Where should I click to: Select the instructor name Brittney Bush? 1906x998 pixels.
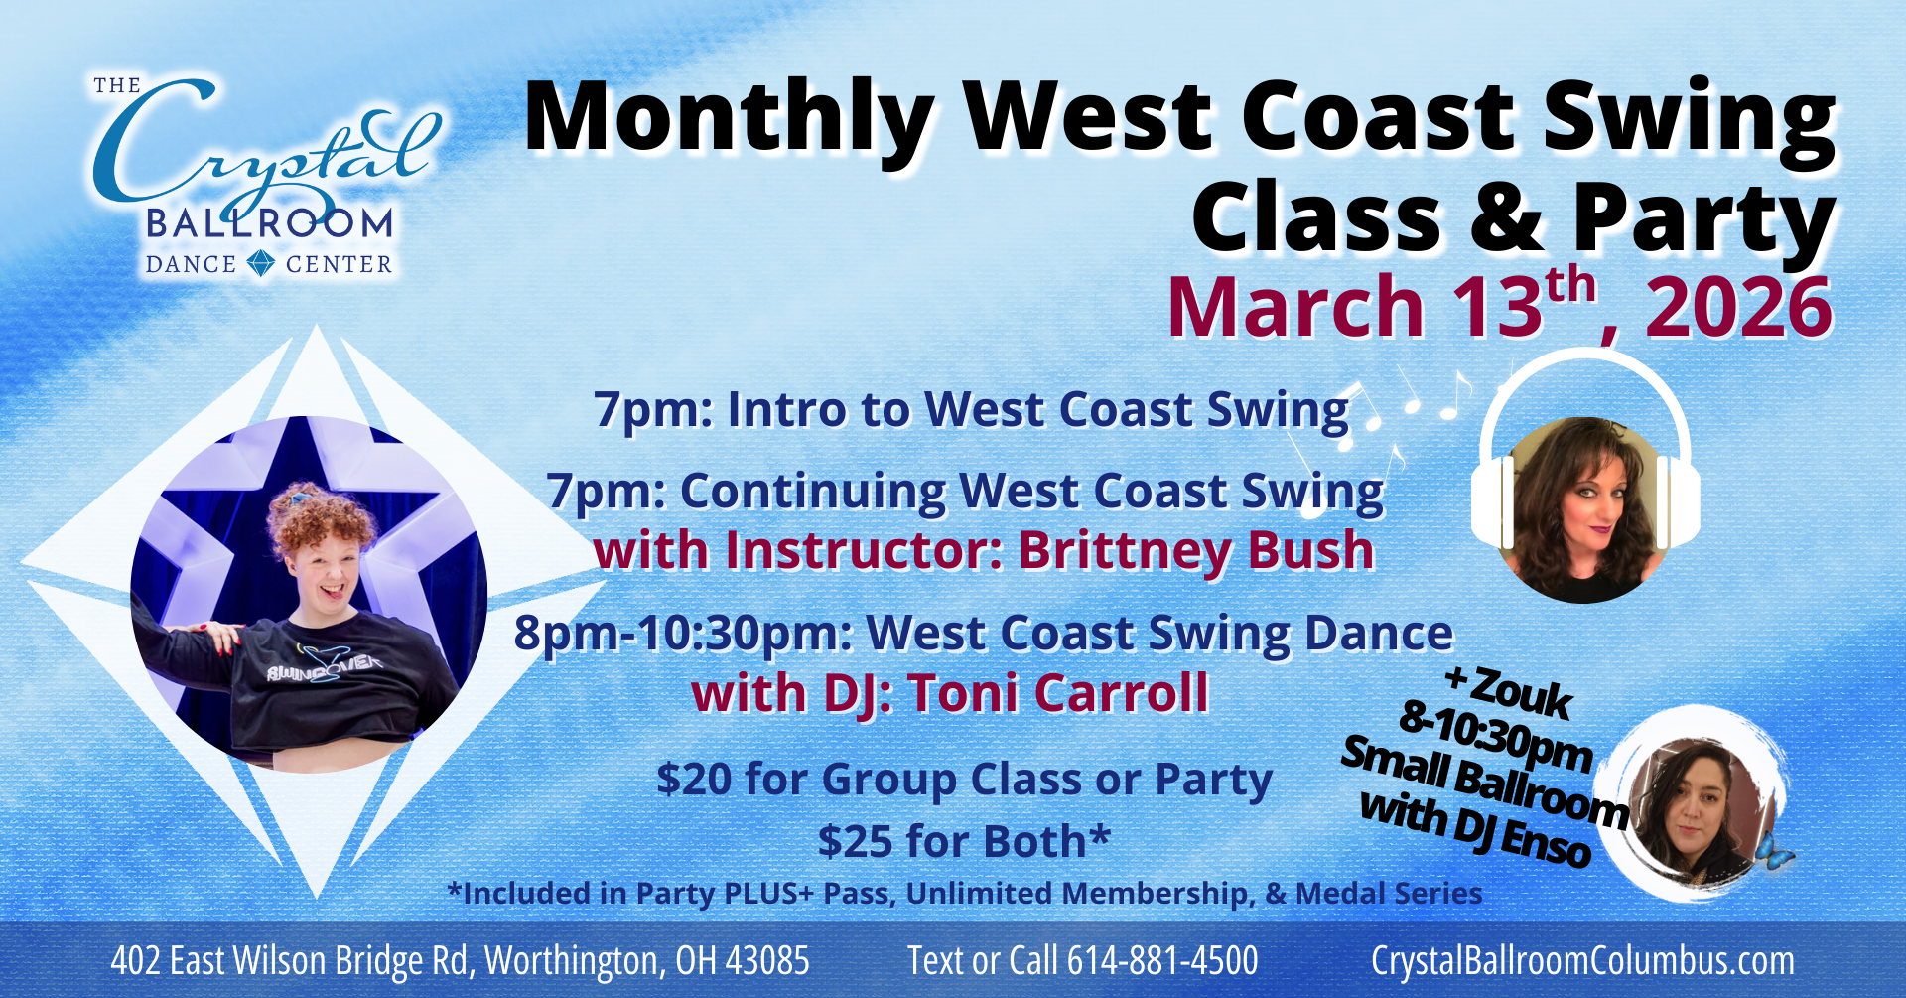pos(1196,551)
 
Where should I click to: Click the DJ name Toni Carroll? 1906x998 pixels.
pos(1058,693)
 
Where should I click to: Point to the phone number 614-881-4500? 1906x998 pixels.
pos(1162,961)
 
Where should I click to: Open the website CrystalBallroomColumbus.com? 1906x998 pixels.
pos(1582,961)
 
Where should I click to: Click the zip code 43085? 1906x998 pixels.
pos(766,961)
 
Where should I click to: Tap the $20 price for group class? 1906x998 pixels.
pos(694,780)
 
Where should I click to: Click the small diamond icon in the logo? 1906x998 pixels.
pos(261,263)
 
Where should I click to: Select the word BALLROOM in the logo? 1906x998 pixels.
pos(269,223)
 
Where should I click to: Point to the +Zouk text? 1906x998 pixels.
pos(1509,691)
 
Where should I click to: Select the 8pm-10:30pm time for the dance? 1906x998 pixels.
pos(681,634)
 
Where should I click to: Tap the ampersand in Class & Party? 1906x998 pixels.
pos(1506,220)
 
